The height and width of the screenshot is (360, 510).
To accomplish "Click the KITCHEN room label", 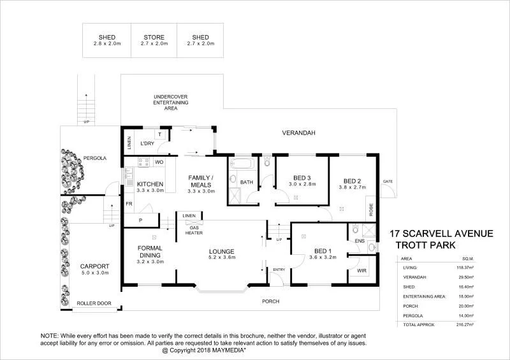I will (x=150, y=185).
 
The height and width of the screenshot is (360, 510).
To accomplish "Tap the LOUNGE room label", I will (x=222, y=251).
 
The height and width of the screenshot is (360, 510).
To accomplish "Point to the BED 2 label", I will (x=352, y=181).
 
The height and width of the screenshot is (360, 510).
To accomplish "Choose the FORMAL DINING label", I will (x=150, y=252).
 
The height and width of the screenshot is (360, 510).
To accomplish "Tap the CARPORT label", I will (x=94, y=266).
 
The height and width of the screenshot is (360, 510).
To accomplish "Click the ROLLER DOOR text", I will (x=94, y=303).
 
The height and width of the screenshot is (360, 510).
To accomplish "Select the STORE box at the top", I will (x=154, y=36).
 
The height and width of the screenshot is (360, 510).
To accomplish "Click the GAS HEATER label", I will (x=193, y=229).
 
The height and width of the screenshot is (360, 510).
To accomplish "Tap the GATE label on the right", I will (x=387, y=182).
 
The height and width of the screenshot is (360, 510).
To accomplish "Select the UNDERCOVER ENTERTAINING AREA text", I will (x=170, y=103).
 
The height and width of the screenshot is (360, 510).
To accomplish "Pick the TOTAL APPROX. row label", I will (x=418, y=325).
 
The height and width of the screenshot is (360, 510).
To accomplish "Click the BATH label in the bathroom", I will (x=246, y=183).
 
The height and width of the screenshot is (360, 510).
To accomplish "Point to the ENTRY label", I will (x=279, y=270).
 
